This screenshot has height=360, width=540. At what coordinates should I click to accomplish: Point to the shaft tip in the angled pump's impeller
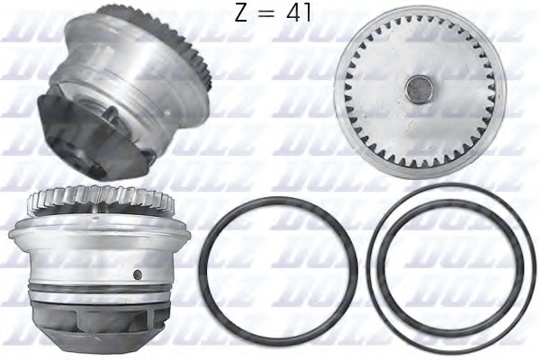pyautogui.click(x=105, y=112)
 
